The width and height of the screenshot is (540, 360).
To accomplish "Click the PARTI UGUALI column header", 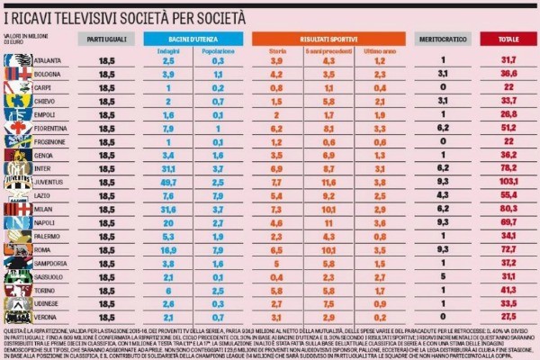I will tap(107, 40).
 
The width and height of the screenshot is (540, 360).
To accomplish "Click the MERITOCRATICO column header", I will tap(443, 40).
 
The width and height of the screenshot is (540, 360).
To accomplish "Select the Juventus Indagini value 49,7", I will tap(167, 181).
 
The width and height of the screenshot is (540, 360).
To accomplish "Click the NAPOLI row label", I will tap(47, 221).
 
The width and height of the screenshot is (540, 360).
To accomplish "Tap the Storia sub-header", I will tap(278, 50).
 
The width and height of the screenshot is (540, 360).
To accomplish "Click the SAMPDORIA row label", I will tap(52, 261).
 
